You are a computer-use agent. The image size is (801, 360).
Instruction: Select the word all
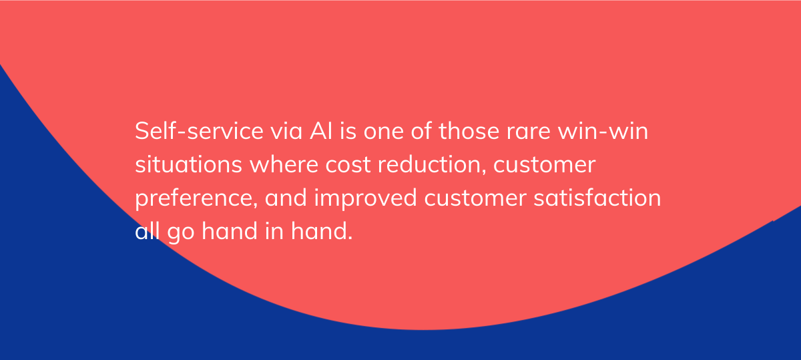144,232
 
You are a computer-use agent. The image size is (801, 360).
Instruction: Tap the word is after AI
350,132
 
